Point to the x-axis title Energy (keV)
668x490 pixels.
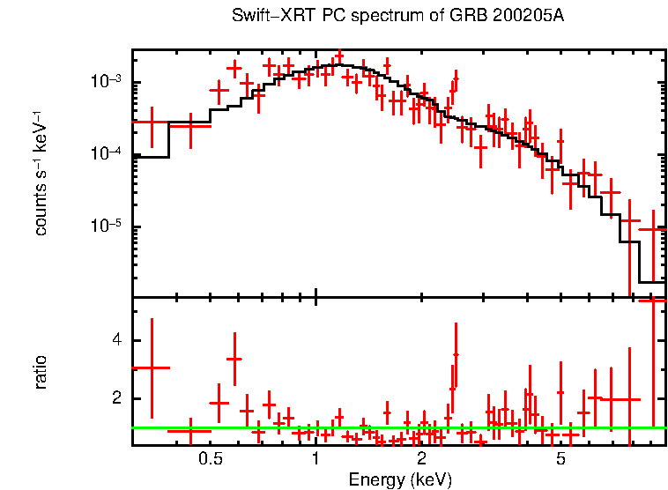click(x=400, y=479)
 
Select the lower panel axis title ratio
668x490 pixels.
click(x=41, y=372)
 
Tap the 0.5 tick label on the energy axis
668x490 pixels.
click(x=209, y=458)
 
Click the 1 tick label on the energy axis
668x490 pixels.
click(x=316, y=458)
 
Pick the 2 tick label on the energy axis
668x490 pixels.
click(x=422, y=458)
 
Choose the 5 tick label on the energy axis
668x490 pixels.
click(x=560, y=458)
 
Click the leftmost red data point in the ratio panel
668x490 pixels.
click(x=152, y=367)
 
